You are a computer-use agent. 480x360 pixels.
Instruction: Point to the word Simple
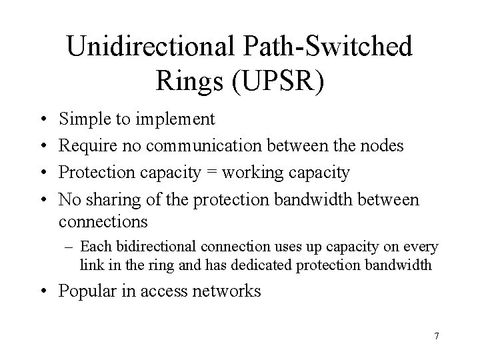[x=84, y=119]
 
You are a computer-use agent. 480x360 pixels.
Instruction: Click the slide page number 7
[x=436, y=336]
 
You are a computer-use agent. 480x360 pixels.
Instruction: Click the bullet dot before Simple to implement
[x=41, y=120]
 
